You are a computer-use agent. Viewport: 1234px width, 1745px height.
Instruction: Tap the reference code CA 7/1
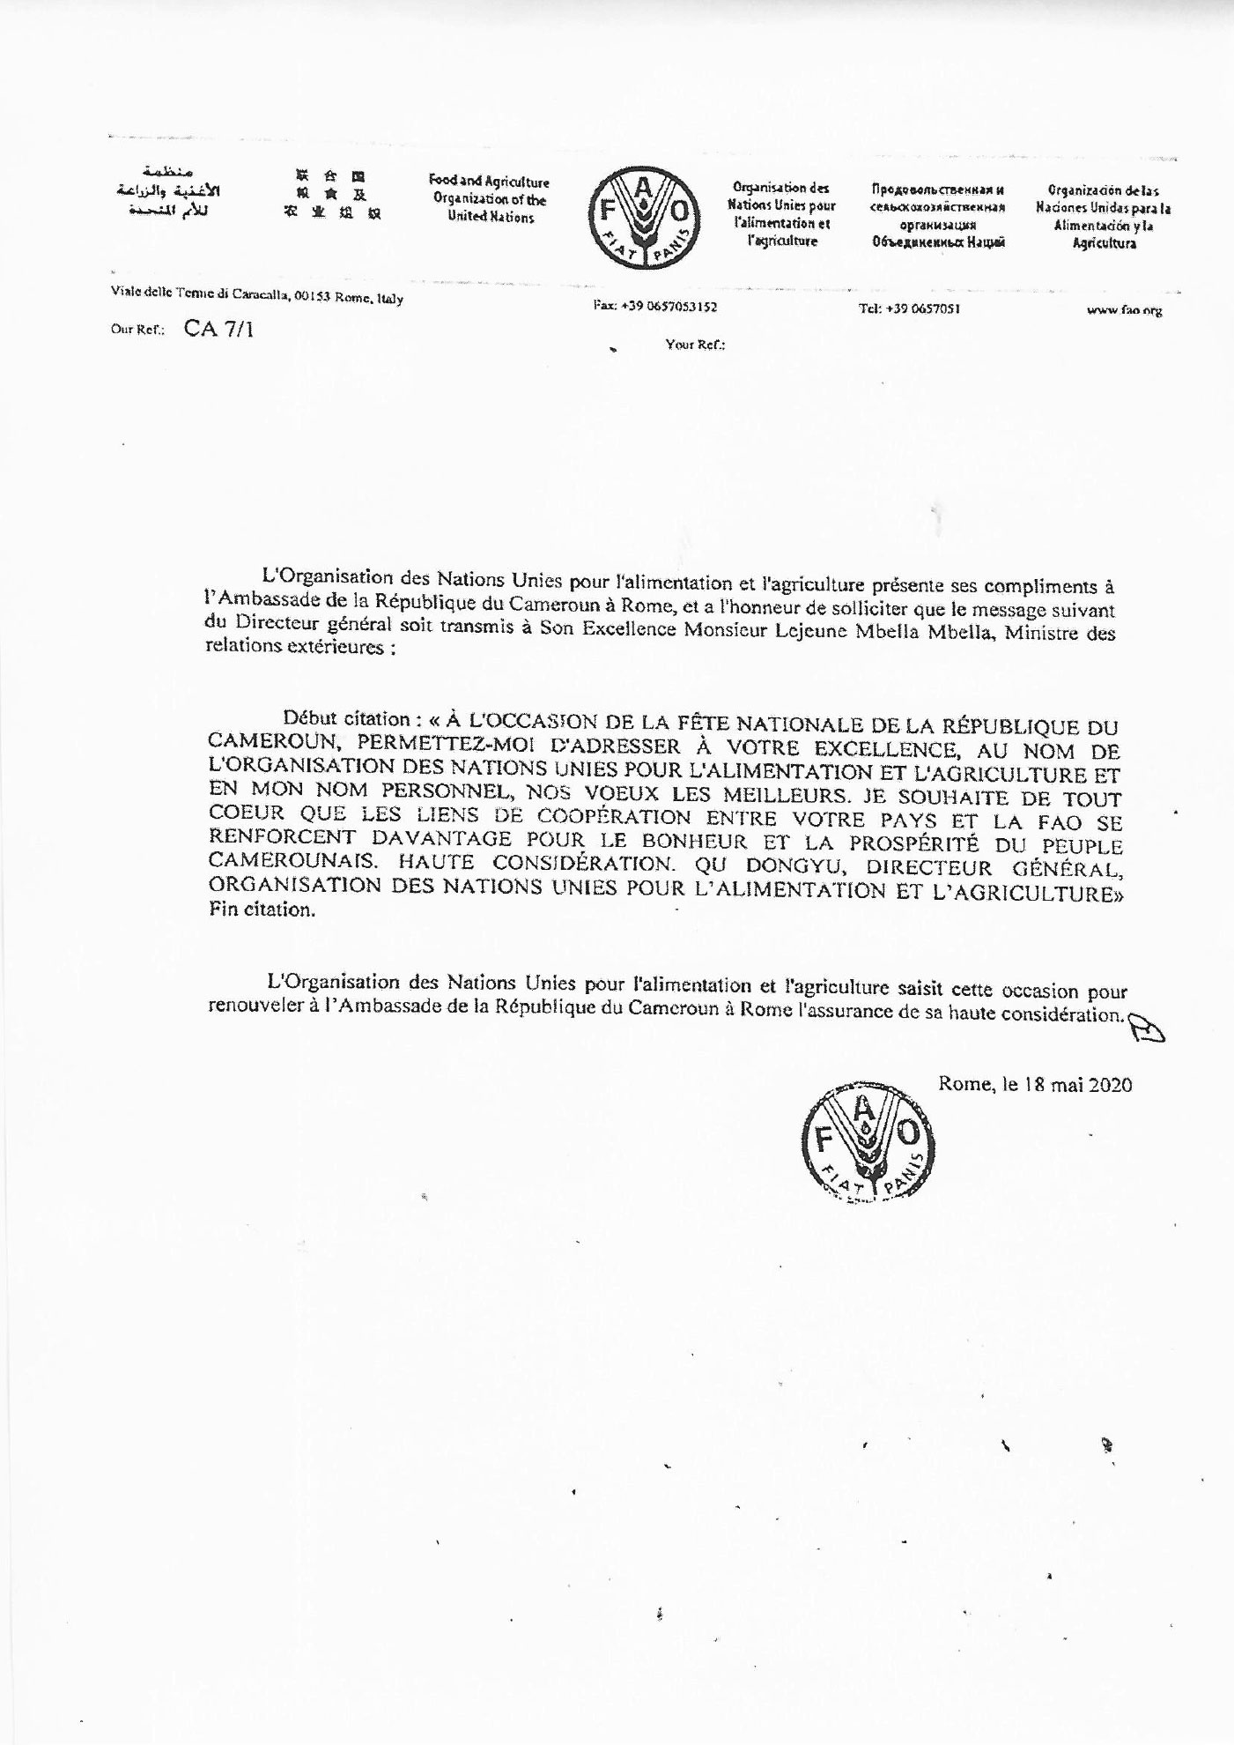click(218, 330)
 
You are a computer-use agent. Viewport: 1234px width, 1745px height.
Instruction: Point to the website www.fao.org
click(1124, 310)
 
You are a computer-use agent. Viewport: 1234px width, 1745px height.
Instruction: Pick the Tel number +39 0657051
click(909, 308)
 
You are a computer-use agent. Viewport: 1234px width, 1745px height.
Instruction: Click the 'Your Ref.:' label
click(695, 345)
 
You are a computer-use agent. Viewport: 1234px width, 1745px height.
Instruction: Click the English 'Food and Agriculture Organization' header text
click(489, 199)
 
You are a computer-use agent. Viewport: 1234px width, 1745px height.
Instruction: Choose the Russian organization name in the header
click(938, 216)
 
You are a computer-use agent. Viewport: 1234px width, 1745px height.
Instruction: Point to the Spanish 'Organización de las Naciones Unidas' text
click(1104, 216)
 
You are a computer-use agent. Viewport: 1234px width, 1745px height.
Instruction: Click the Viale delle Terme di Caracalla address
click(256, 296)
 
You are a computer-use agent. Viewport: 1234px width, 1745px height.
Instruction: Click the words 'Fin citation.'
click(262, 910)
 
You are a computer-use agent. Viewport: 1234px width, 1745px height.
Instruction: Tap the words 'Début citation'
click(346, 718)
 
